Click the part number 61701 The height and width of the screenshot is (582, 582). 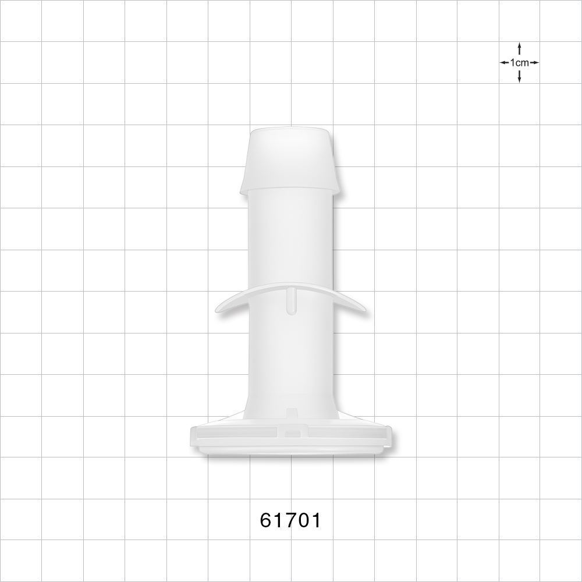[290, 520]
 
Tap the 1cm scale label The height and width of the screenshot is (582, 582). [519, 62]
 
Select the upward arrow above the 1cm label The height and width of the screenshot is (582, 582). [519, 48]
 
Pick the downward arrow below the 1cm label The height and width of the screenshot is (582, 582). [519, 76]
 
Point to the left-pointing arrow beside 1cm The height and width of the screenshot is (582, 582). [504, 62]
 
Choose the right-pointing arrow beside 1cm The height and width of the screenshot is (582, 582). [534, 62]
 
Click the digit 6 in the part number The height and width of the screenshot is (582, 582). [267, 520]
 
